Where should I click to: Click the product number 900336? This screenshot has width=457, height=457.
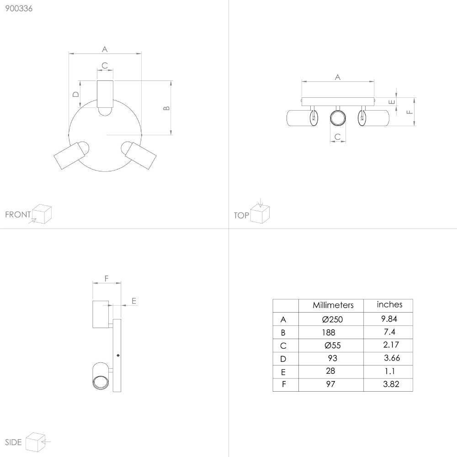(19, 8)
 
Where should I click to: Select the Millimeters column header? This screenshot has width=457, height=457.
(333, 305)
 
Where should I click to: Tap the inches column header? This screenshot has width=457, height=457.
(389, 304)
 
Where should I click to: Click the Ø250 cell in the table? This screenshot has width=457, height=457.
(332, 319)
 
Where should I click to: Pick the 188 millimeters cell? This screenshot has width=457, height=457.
(329, 333)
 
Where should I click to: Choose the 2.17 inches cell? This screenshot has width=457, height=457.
(391, 345)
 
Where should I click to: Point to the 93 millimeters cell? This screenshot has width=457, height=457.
(333, 358)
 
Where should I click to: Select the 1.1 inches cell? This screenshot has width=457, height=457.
(390, 371)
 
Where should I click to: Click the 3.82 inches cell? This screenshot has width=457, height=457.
(391, 384)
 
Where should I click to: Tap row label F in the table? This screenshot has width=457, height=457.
(284, 384)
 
